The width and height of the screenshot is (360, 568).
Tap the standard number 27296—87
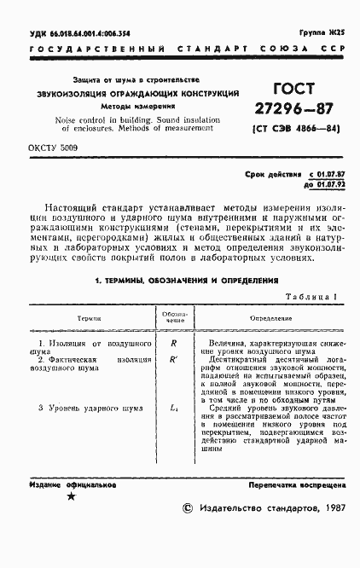click(292, 110)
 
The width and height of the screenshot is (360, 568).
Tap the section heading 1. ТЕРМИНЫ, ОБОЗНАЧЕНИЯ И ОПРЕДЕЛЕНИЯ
click(180, 279)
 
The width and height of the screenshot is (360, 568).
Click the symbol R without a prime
click(173, 343)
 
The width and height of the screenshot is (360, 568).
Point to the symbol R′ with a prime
click(174, 359)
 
